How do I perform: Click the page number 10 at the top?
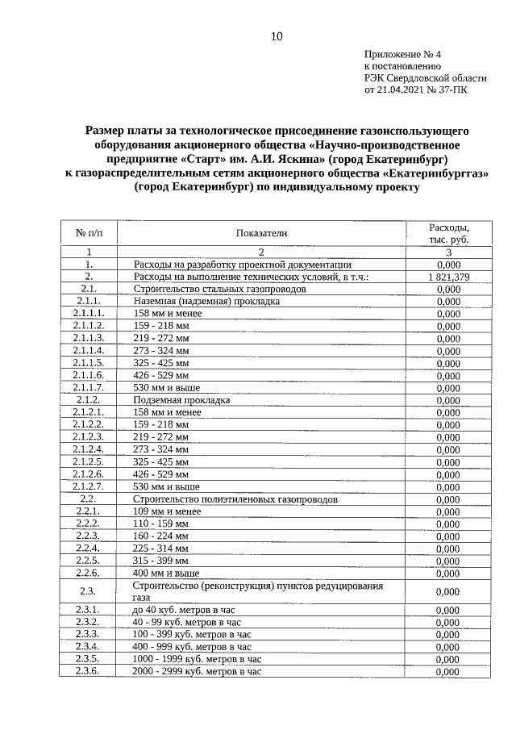pos(276,35)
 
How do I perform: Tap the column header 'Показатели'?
pos(261,233)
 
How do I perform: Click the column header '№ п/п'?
pos(89,233)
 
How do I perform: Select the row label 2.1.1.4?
pos(89,351)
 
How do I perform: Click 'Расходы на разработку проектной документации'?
pos(241,264)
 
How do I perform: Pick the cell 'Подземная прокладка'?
pos(181,400)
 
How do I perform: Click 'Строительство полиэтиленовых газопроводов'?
pos(235,499)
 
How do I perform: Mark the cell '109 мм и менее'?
pos(166,511)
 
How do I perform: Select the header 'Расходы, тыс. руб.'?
pos(447,233)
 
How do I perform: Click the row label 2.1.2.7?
pos(89,486)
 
